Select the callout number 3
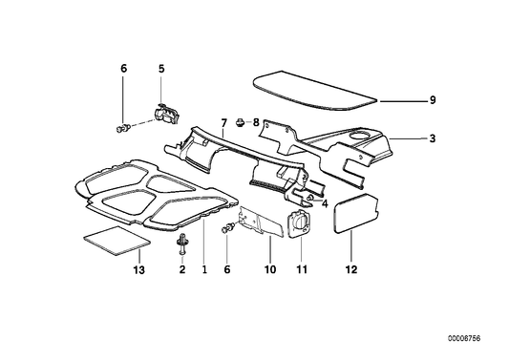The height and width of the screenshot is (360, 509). point(432,139)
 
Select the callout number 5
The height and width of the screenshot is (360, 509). point(161,68)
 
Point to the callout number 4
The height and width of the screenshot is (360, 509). point(325,202)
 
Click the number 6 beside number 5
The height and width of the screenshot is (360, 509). point(123,68)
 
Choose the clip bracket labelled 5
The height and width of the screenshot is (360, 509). point(168,113)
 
